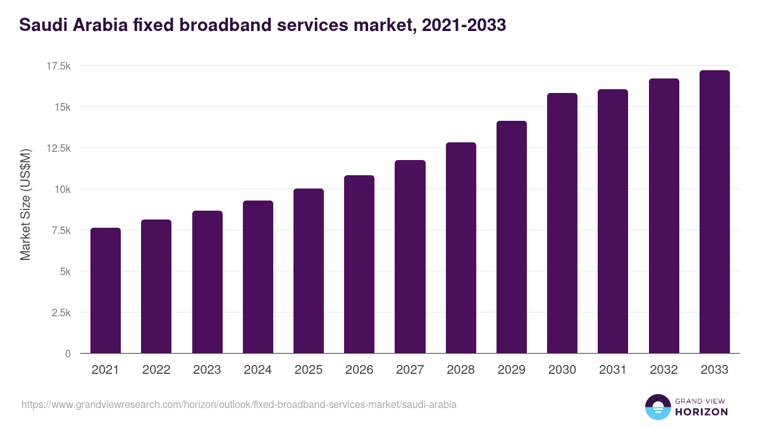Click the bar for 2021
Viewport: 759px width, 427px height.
(106, 291)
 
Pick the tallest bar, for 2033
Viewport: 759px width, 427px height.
(714, 212)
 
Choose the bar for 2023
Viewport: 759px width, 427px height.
(207, 282)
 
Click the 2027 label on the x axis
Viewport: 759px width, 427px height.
(410, 370)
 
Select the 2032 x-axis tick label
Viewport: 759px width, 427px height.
(663, 370)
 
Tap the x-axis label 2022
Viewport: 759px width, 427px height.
(156, 370)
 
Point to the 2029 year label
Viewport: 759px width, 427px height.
(511, 370)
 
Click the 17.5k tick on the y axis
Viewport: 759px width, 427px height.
(58, 66)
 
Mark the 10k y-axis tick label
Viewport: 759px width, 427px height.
(62, 189)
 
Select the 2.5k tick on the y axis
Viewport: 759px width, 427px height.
(60, 313)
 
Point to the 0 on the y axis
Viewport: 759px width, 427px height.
(68, 354)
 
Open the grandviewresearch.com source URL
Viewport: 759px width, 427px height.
(239, 404)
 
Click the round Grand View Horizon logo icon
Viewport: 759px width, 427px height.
(657, 407)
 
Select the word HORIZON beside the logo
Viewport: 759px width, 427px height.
(701, 412)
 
